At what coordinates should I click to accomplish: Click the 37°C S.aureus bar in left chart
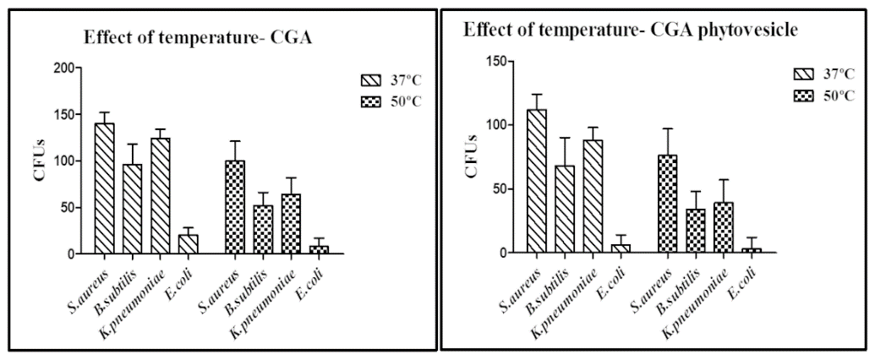104,188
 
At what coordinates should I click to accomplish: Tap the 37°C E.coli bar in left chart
188,244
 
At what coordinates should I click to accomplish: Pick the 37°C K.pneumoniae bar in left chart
160,195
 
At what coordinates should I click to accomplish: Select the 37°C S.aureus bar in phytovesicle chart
536,181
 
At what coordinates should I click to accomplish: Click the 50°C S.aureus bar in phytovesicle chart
666,204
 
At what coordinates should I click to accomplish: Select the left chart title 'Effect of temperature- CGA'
189,37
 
